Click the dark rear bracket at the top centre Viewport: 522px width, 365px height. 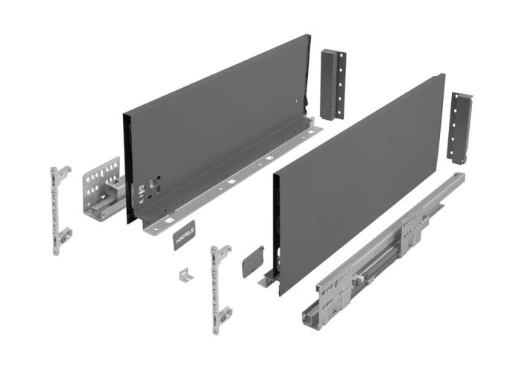(331, 84)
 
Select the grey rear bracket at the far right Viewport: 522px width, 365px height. (459, 128)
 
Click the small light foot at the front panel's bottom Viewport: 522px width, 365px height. (267, 282)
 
